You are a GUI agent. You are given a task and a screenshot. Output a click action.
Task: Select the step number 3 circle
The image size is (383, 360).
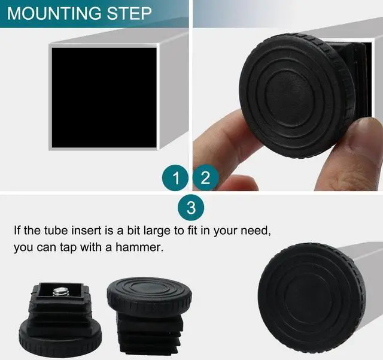point(191,208)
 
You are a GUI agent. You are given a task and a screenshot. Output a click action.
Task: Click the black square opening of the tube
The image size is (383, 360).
point(103,98)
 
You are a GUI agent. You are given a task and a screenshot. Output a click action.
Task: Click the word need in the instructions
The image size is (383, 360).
point(263,231)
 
